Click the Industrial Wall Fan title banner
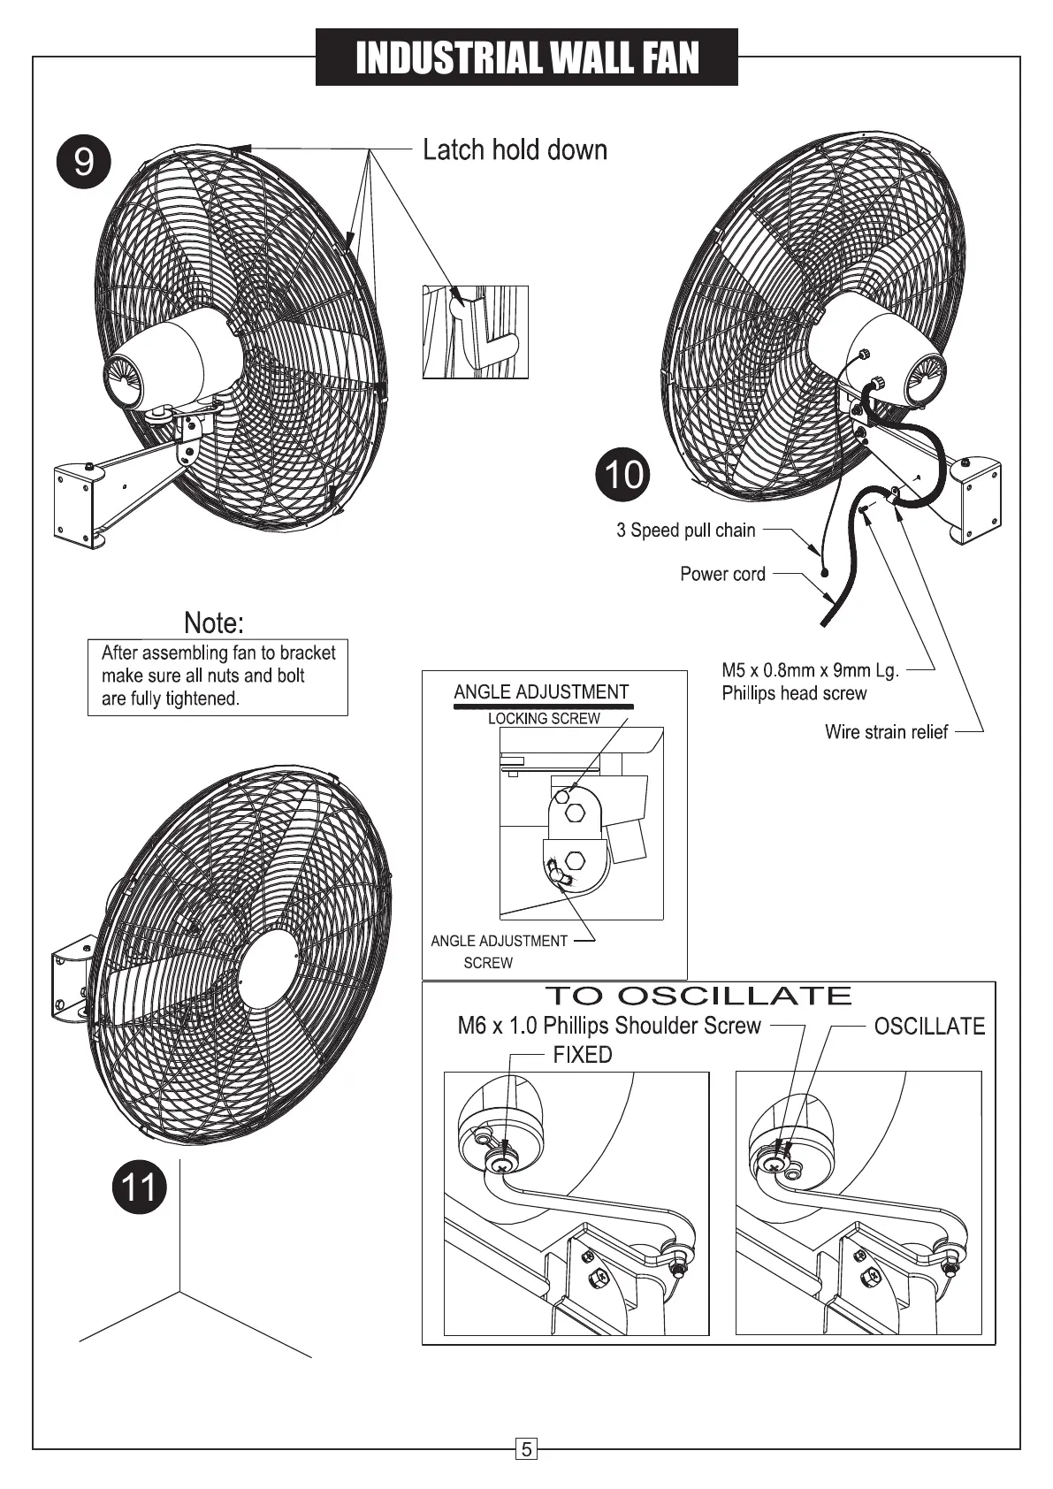526,57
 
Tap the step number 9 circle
83,162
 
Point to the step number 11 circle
139,1186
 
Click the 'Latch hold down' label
515,149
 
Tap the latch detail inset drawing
476,332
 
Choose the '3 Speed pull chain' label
685,531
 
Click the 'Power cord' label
722,574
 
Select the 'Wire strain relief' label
885,732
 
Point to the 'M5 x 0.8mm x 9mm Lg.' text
810,670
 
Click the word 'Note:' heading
213,622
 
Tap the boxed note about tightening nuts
217,676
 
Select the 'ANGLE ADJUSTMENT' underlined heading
541,692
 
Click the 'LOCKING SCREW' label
544,719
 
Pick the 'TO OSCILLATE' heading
698,996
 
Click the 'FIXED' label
582,1055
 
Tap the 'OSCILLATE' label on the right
928,1027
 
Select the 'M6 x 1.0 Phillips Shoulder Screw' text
609,1026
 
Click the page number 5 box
526,1449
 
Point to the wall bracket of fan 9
81,500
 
